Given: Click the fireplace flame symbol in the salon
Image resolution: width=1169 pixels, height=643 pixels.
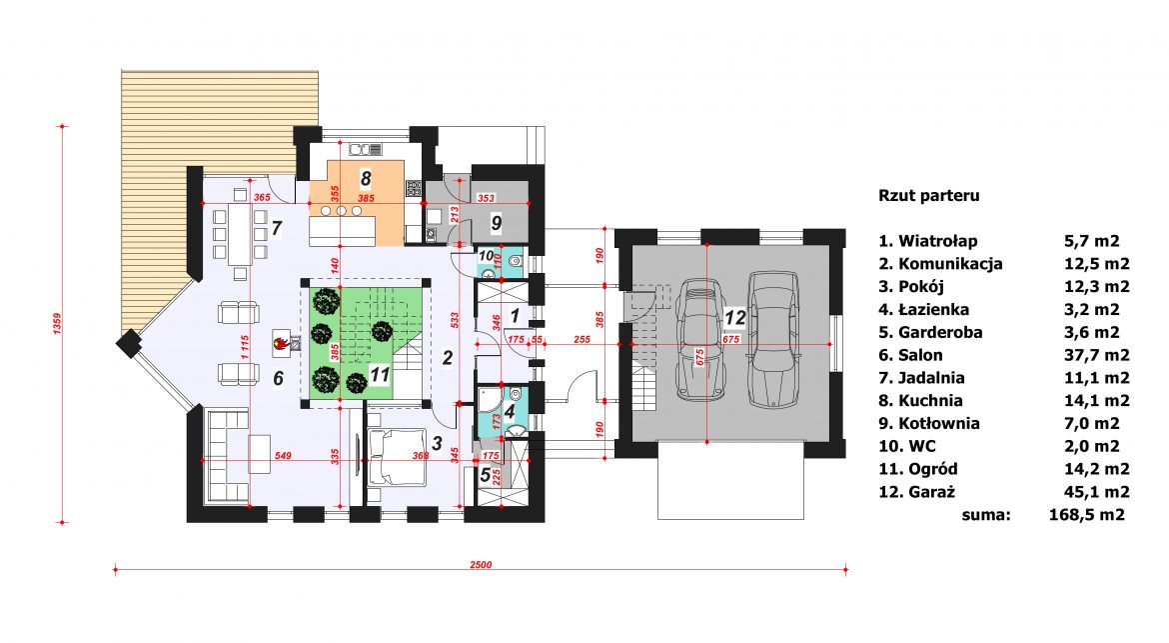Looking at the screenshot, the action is pyautogui.click(x=281, y=343).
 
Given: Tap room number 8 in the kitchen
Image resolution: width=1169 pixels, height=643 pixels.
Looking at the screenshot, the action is pyautogui.click(x=366, y=178).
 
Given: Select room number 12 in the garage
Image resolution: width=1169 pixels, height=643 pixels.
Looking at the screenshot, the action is pyautogui.click(x=735, y=317).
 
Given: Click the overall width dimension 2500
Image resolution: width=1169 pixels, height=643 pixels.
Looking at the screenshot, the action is pyautogui.click(x=481, y=564).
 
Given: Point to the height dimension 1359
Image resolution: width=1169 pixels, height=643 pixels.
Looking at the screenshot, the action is pyautogui.click(x=58, y=324).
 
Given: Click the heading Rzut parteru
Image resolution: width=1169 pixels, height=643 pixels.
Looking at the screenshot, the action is pyautogui.click(x=929, y=195).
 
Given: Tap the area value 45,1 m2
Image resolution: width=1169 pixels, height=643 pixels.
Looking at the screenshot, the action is pyautogui.click(x=1097, y=492).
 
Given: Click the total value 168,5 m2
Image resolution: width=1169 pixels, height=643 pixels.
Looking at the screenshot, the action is pyautogui.click(x=1086, y=514).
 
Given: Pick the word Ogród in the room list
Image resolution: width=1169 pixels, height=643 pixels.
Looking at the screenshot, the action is pyautogui.click(x=932, y=469).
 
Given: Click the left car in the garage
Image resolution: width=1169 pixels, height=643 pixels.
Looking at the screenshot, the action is pyautogui.click(x=700, y=340).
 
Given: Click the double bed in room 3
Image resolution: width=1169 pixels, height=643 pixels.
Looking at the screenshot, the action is pyautogui.click(x=395, y=457).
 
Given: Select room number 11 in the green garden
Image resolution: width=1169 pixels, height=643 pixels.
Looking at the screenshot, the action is pyautogui.click(x=381, y=374).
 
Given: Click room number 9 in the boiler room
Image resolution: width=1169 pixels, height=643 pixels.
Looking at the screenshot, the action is pyautogui.click(x=497, y=222).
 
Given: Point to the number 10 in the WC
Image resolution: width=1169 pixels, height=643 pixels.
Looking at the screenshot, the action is pyautogui.click(x=487, y=256).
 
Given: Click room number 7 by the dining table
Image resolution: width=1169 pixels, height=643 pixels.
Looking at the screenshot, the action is pyautogui.click(x=277, y=228).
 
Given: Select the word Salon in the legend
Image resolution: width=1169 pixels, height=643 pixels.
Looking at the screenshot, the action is pyautogui.click(x=921, y=355).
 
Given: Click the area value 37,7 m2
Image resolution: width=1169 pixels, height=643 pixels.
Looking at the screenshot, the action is pyautogui.click(x=1097, y=355).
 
